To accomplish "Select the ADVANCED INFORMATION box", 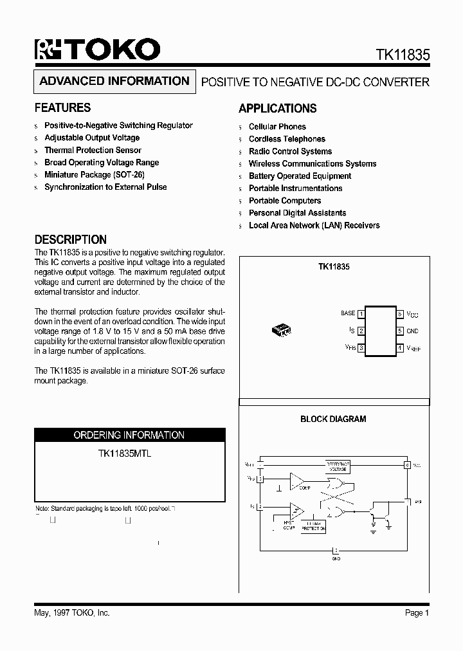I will point(114,81).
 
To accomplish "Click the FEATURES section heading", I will point(62,108).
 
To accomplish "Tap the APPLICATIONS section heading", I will point(277,109).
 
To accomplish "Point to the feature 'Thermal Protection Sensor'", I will point(93,150).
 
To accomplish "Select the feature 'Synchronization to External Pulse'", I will point(105,187).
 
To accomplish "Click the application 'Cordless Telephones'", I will point(287,139).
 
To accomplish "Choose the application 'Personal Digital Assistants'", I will point(297,213).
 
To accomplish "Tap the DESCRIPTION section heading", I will point(71,239).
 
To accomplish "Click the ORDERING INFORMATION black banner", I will point(129,435).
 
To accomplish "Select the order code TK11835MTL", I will point(125,454).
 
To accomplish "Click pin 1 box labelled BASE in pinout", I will point(361,314).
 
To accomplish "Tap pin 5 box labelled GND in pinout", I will point(399,331).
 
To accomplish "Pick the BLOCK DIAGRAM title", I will point(333,419).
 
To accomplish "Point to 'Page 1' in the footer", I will point(417,613).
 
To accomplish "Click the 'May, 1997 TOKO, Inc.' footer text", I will point(71,613).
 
